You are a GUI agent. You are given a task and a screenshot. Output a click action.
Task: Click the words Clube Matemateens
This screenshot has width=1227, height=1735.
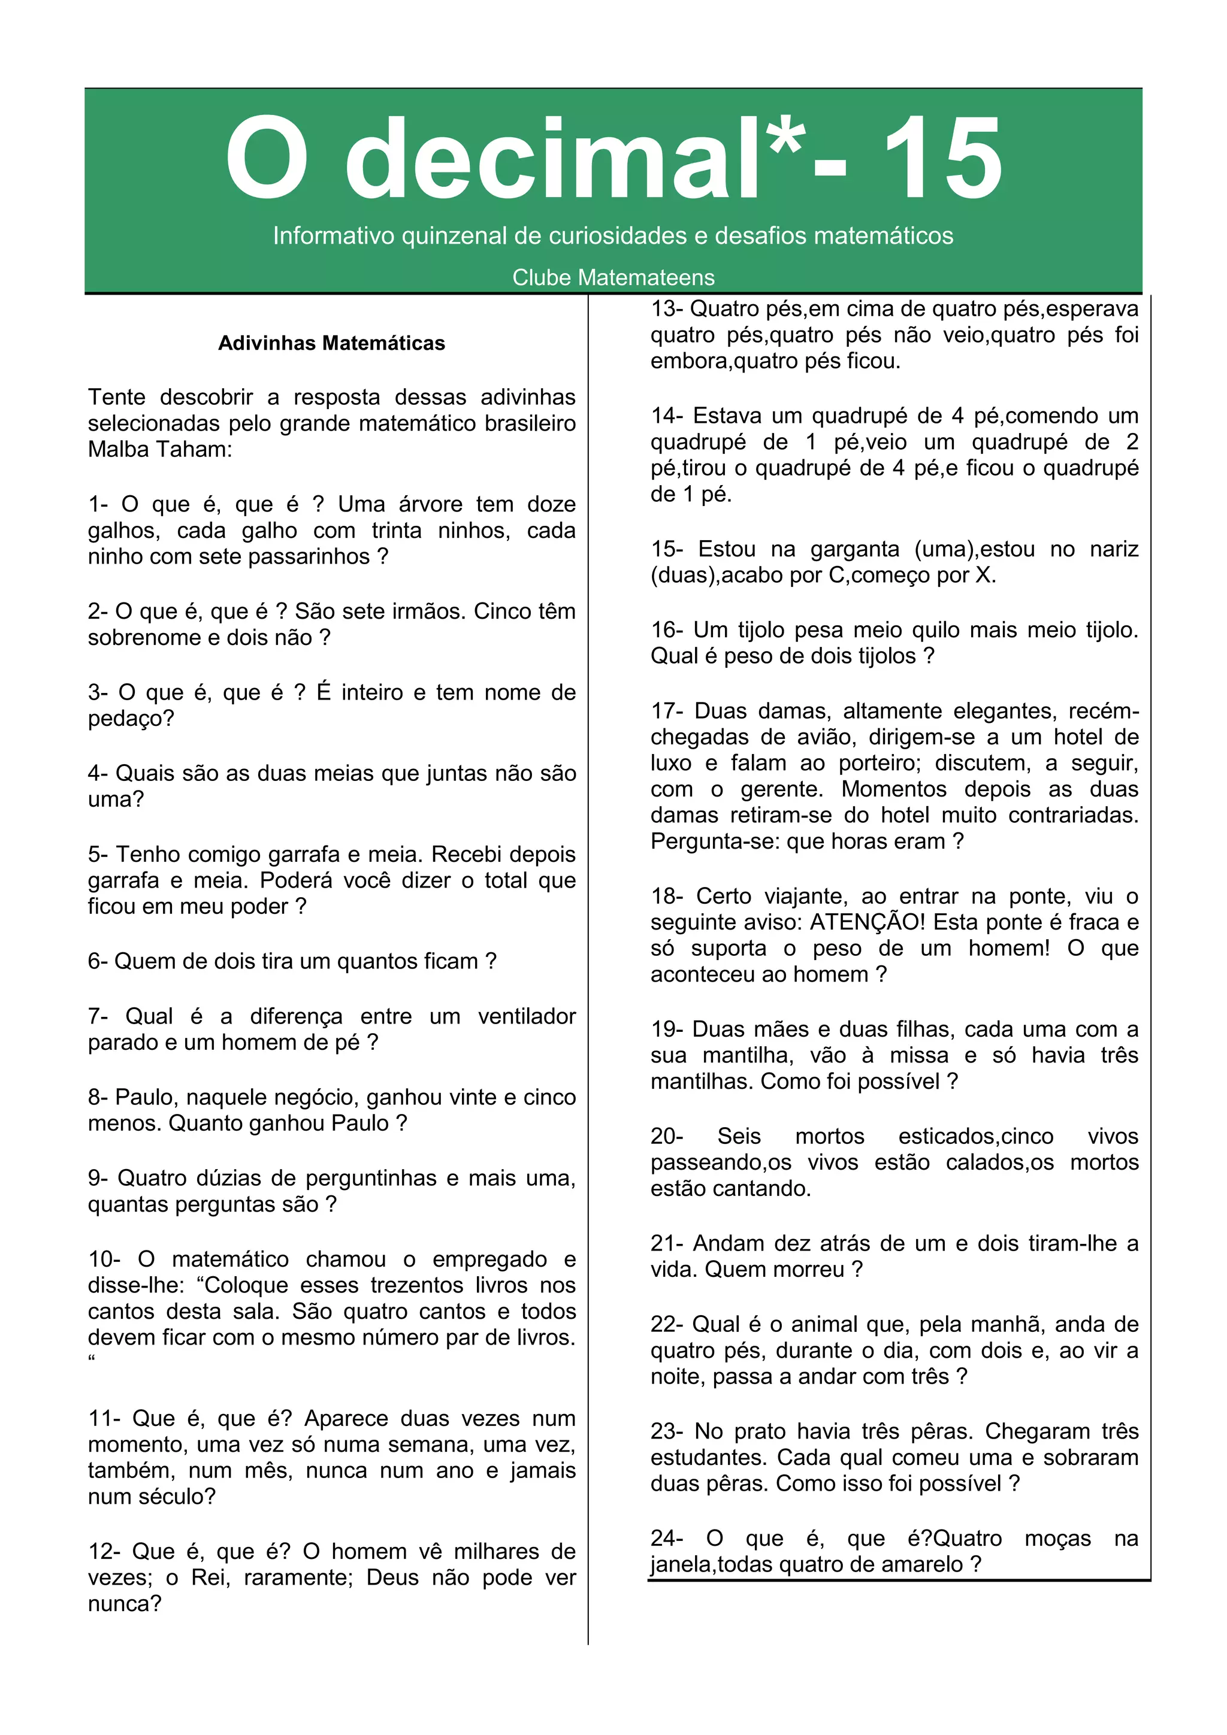click(x=613, y=277)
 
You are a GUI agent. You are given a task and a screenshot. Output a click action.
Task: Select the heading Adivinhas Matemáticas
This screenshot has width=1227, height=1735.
click(x=331, y=343)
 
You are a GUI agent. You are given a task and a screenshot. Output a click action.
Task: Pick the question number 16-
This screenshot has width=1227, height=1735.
click(x=667, y=629)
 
